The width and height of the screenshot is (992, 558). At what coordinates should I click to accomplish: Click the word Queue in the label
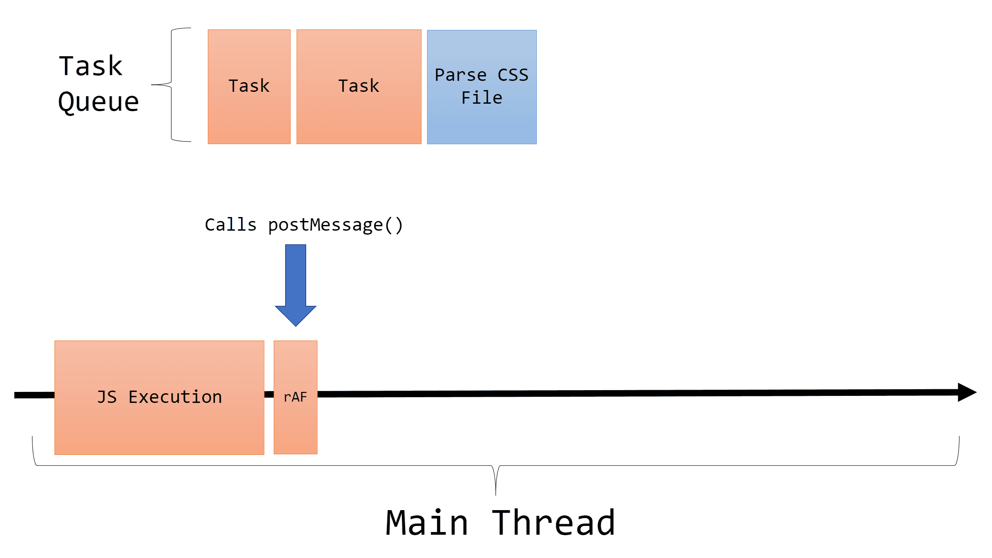[98, 102]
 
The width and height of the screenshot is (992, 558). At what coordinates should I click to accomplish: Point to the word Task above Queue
[91, 66]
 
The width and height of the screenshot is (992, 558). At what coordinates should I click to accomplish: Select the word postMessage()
[335, 225]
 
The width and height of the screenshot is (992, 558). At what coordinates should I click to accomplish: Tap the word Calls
[231, 225]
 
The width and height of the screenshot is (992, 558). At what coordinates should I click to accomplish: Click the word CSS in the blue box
[513, 75]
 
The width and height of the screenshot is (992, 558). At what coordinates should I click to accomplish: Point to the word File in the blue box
[482, 98]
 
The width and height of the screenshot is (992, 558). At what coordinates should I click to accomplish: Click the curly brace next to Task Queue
[171, 84]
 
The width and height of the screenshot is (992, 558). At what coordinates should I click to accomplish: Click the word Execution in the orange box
[175, 397]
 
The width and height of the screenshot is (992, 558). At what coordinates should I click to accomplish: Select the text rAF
[295, 397]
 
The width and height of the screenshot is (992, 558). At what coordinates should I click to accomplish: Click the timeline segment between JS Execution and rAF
[269, 395]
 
